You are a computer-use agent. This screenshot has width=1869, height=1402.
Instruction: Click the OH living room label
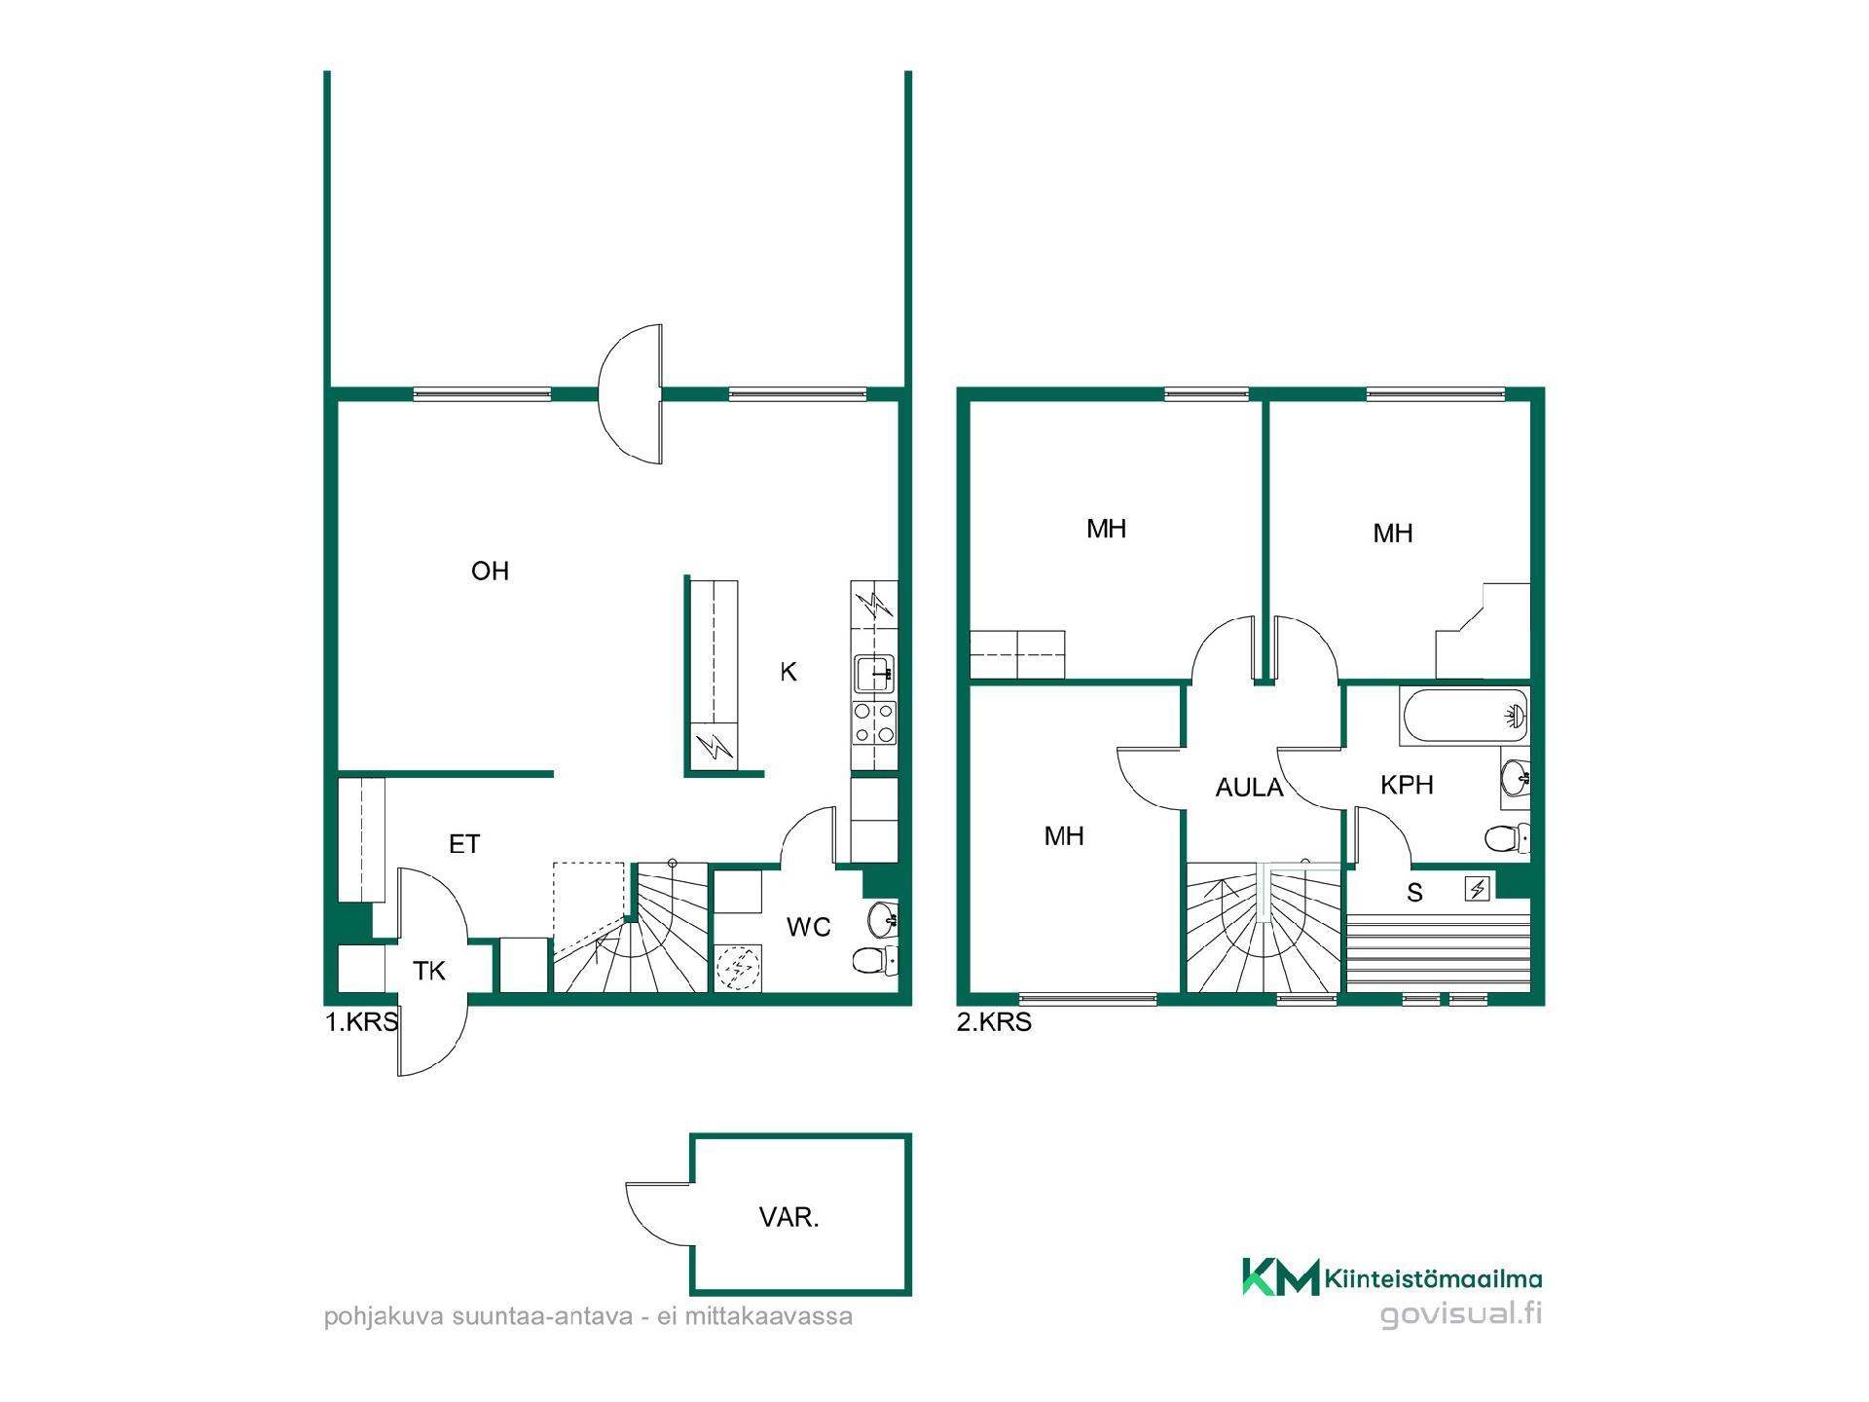[x=490, y=571]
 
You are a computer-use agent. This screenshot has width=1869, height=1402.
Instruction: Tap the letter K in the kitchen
[x=788, y=671]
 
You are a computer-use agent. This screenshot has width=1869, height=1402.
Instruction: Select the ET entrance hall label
[x=464, y=844]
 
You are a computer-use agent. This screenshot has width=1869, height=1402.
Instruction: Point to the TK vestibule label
[x=429, y=971]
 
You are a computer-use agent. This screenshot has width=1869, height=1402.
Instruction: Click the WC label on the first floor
[x=809, y=927]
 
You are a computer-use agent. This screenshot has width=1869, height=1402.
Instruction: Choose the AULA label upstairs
[x=1250, y=787]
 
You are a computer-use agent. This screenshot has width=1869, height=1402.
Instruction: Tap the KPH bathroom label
[x=1407, y=785]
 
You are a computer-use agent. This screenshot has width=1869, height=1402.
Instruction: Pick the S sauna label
[x=1415, y=892]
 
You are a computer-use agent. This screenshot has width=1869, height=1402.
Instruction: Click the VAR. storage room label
[x=788, y=1217]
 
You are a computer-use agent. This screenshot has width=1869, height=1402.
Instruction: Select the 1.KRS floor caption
[x=361, y=1022]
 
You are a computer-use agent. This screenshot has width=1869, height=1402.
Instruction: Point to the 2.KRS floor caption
[x=994, y=1022]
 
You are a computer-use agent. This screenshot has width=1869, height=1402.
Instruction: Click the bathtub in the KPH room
[x=1464, y=717]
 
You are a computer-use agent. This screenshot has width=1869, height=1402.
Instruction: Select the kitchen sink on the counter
[x=875, y=674]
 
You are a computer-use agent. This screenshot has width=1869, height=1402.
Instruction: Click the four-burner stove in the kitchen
[x=874, y=722]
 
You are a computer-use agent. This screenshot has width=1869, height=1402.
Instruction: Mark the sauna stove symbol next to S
[x=1478, y=888]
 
